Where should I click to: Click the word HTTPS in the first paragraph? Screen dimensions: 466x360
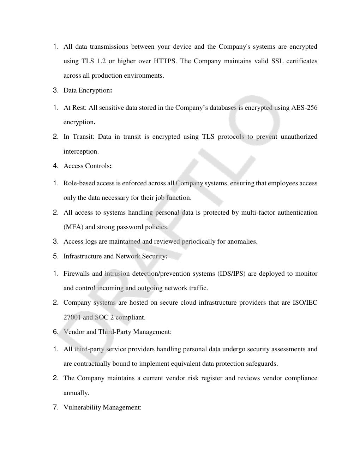pos(165,61)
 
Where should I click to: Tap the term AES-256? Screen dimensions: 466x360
pos(304,108)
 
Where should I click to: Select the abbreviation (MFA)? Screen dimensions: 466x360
pos(73,227)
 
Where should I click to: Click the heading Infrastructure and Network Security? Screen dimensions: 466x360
pos(115,256)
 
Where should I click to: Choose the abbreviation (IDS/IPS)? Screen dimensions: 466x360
pos(231,274)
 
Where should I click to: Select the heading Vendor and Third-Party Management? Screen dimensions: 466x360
pos(118,332)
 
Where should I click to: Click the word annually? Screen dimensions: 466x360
pos(76,393)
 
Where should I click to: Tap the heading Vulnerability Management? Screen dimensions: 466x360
pos(102,407)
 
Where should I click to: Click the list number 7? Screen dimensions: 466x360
pos(55,407)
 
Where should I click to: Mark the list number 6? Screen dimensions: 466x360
pos(55,332)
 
